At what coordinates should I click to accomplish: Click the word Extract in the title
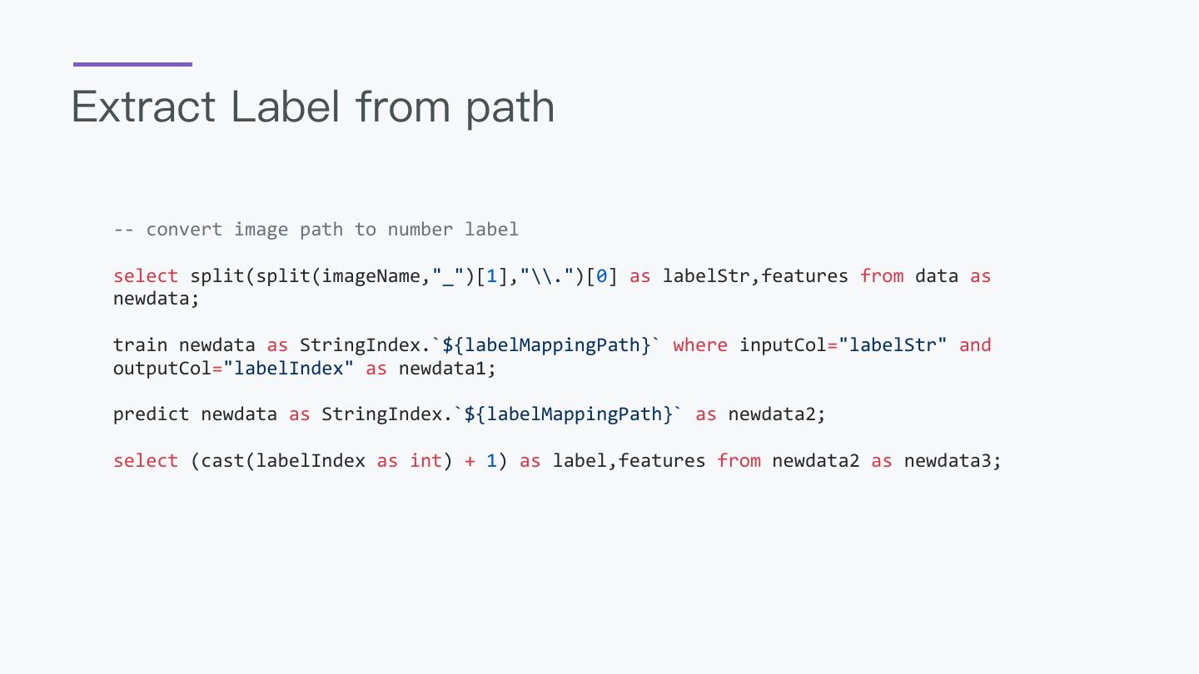144,107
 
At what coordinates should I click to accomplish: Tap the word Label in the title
285,107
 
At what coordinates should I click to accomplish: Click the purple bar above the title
132,64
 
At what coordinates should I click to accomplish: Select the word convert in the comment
184,230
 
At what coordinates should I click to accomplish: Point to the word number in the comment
420,230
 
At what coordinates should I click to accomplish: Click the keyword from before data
882,276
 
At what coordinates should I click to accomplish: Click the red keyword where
700,345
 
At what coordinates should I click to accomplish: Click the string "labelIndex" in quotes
289,368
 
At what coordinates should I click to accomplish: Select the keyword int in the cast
425,461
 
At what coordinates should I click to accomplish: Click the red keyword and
975,345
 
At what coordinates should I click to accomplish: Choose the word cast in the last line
222,461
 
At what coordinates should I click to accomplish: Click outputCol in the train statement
162,368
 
